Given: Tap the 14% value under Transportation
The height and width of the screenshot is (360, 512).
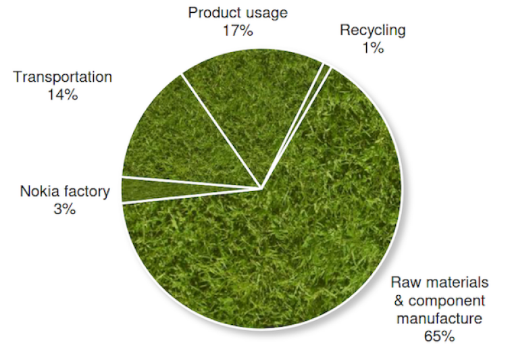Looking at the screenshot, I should [62, 95].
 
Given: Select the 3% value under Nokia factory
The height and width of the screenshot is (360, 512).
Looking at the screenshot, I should [65, 209].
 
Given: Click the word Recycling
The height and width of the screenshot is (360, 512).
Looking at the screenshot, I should [373, 30].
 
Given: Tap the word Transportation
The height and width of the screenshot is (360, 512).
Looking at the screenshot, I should [62, 77].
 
